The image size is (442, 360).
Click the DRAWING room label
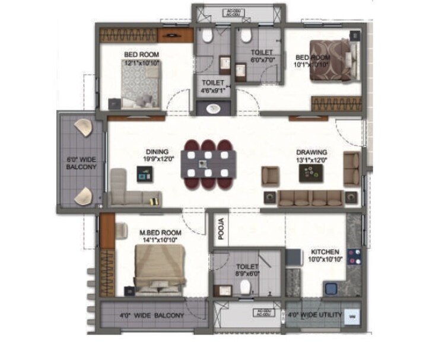click(x=311, y=152)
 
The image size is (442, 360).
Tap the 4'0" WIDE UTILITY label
click(x=314, y=314)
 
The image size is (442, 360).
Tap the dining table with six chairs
click(x=208, y=163)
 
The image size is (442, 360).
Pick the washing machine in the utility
click(x=352, y=316)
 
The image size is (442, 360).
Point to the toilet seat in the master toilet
click(x=245, y=288)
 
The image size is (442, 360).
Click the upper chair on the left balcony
click(x=83, y=127)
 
